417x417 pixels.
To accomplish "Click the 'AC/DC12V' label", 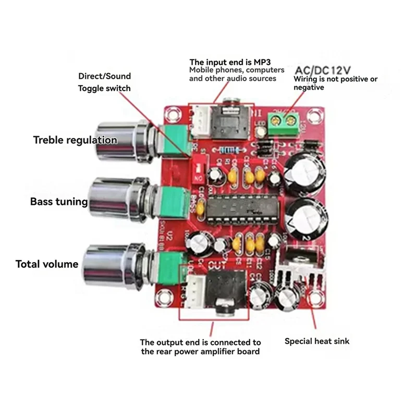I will pyautogui.click(x=323, y=70).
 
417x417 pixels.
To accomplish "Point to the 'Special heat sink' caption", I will pyautogui.click(x=317, y=341).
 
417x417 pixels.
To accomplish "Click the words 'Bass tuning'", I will pyautogui.click(x=59, y=201).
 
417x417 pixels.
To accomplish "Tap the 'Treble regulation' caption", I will pyautogui.click(x=75, y=140).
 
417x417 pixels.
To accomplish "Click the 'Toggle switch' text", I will pyautogui.click(x=104, y=88).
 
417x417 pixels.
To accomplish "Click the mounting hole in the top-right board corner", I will pyautogui.click(x=315, y=113).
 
